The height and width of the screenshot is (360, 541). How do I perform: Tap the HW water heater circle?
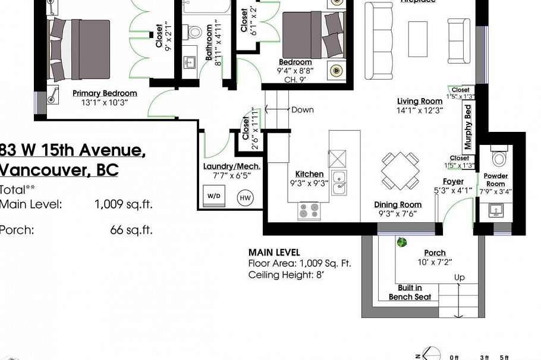click(x=244, y=198)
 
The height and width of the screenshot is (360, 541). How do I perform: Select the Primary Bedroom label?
click(x=105, y=93)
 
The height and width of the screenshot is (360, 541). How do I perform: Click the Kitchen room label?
click(x=309, y=175)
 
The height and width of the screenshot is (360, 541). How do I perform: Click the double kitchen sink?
click(x=340, y=183)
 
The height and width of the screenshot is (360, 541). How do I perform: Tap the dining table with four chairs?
click(x=400, y=169)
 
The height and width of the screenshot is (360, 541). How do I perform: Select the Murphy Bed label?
click(x=468, y=127)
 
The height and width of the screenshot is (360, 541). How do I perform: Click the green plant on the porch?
click(x=402, y=242)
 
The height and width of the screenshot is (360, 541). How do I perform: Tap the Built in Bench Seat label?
click(x=410, y=292)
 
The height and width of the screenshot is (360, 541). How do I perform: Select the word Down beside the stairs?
click(x=302, y=110)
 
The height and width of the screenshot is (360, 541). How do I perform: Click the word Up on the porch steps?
click(x=459, y=277)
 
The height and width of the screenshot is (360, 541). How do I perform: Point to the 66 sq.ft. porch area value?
click(x=131, y=230)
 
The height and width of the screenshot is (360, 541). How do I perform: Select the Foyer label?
click(x=453, y=182)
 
